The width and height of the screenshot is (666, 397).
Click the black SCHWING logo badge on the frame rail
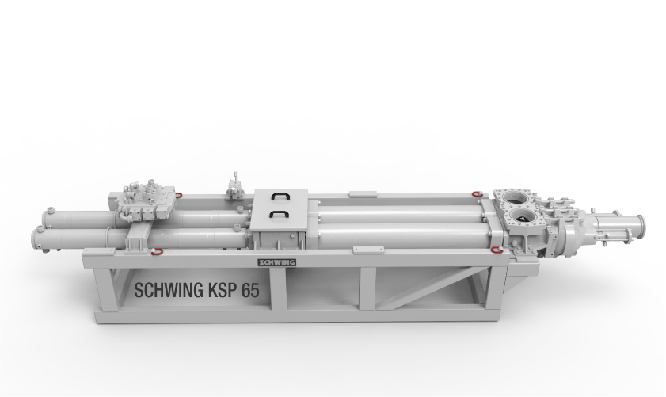pyautogui.click(x=277, y=262)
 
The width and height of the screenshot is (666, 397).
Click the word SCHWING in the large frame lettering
pyautogui.click(x=169, y=290)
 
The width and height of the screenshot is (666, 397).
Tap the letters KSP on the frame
pyautogui.click(x=223, y=290)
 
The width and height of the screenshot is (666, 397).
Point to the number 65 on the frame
pyautogui.click(x=250, y=290)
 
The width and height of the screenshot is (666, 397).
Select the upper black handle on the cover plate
pyautogui.click(x=281, y=196)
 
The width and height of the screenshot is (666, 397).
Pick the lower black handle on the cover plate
pyautogui.click(x=279, y=214)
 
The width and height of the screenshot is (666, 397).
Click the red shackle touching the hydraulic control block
pyautogui.click(x=178, y=195)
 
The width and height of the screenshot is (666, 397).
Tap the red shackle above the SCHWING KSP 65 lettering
pyautogui.click(x=157, y=252)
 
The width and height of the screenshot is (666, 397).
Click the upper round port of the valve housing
pyautogui.click(x=516, y=197)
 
